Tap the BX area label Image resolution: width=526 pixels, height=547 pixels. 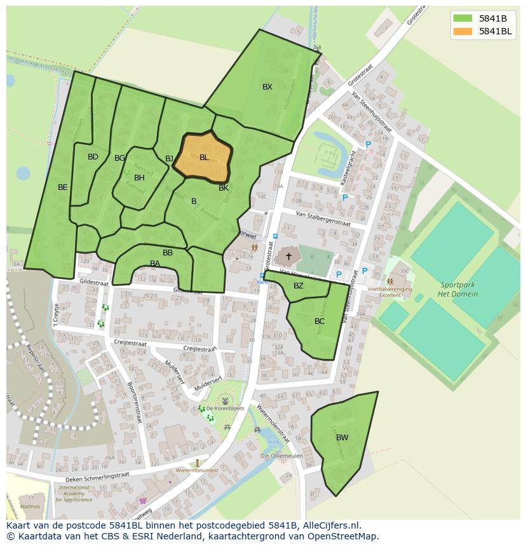[x=267, y=87]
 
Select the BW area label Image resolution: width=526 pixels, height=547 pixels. [x=342, y=437]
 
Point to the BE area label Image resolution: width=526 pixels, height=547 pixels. [x=62, y=187]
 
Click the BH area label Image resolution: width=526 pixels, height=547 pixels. [x=139, y=178]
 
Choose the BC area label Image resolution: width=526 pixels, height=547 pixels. [x=320, y=321]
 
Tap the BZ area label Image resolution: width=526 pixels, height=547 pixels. [x=299, y=286]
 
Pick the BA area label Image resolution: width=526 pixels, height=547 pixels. [x=155, y=264]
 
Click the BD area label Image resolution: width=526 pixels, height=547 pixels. [x=93, y=157]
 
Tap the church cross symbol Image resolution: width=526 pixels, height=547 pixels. [x=288, y=256]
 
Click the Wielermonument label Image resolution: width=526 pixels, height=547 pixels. [x=197, y=471]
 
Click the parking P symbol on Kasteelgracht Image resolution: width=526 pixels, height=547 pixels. [x=368, y=145]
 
